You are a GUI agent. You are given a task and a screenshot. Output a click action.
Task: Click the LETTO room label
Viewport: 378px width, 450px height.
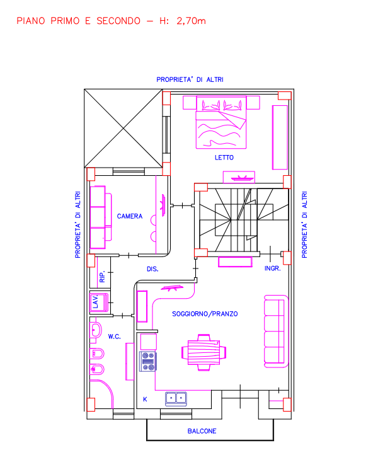tap(224, 158)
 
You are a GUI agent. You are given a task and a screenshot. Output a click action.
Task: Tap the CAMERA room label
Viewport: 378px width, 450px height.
tap(130, 216)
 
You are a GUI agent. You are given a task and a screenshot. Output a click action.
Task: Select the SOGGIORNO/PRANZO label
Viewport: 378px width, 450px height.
tap(205, 314)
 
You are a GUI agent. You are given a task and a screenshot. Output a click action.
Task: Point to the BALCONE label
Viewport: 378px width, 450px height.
tap(202, 431)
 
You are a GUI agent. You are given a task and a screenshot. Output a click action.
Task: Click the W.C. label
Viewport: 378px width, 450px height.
tap(114, 337)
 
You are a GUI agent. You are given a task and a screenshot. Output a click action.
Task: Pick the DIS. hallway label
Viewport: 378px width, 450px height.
tap(152, 269)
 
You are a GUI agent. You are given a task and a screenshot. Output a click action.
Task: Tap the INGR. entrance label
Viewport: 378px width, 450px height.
tap(272, 268)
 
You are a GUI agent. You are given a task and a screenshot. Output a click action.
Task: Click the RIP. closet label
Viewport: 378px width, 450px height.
tap(102, 276)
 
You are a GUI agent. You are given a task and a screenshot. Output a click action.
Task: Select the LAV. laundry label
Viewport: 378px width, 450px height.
tap(95, 302)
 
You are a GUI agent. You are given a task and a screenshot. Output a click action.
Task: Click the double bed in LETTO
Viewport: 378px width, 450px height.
tap(221, 122)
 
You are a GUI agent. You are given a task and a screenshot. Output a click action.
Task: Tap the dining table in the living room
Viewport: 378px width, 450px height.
tap(203, 352)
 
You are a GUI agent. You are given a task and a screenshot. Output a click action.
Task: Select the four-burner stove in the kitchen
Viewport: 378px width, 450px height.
tap(148, 361)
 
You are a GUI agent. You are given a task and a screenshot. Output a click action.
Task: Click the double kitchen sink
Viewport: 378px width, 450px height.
tap(176, 398)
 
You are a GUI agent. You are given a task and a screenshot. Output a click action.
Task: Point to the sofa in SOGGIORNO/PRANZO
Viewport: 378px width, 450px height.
tap(276, 331)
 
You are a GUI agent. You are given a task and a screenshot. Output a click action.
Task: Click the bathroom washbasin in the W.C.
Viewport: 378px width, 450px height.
tap(96, 330)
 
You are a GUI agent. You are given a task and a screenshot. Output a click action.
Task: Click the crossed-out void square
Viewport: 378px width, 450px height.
tap(123, 129)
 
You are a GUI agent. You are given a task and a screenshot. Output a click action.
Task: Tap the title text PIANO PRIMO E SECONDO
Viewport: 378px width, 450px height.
tap(78, 21)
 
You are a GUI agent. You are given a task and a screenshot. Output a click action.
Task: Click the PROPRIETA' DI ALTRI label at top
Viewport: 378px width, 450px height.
tap(190, 79)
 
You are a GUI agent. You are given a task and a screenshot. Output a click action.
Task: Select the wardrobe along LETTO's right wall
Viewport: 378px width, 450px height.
tap(280, 137)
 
